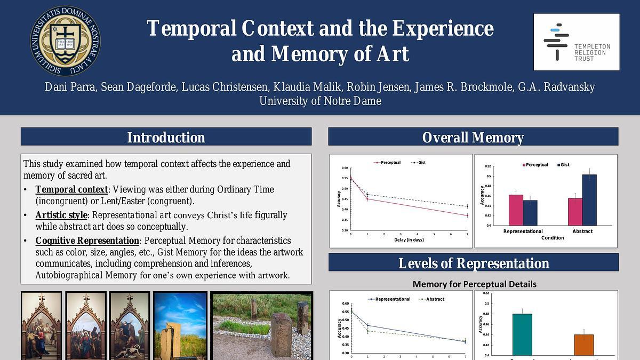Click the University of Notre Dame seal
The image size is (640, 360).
(x=65, y=41)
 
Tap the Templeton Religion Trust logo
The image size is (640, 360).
(x=577, y=42)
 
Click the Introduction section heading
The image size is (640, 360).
(x=166, y=137)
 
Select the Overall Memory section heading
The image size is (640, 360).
(x=473, y=137)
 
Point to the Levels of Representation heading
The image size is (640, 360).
(x=473, y=263)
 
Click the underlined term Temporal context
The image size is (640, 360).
(x=71, y=189)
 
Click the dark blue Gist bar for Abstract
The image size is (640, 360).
(x=589, y=199)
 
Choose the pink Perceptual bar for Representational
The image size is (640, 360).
(x=515, y=210)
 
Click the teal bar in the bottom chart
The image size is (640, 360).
(x=522, y=334)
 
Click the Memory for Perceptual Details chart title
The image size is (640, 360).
(x=474, y=284)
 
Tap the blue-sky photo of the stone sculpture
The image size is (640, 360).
(x=180, y=325)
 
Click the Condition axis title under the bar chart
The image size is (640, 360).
(x=553, y=238)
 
